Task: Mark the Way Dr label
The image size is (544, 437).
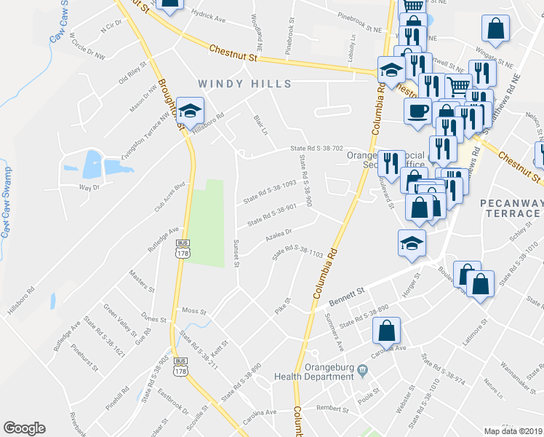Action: point(89,188)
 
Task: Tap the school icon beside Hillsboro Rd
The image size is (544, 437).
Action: point(191,111)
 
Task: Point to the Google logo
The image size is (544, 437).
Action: point(24,428)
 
